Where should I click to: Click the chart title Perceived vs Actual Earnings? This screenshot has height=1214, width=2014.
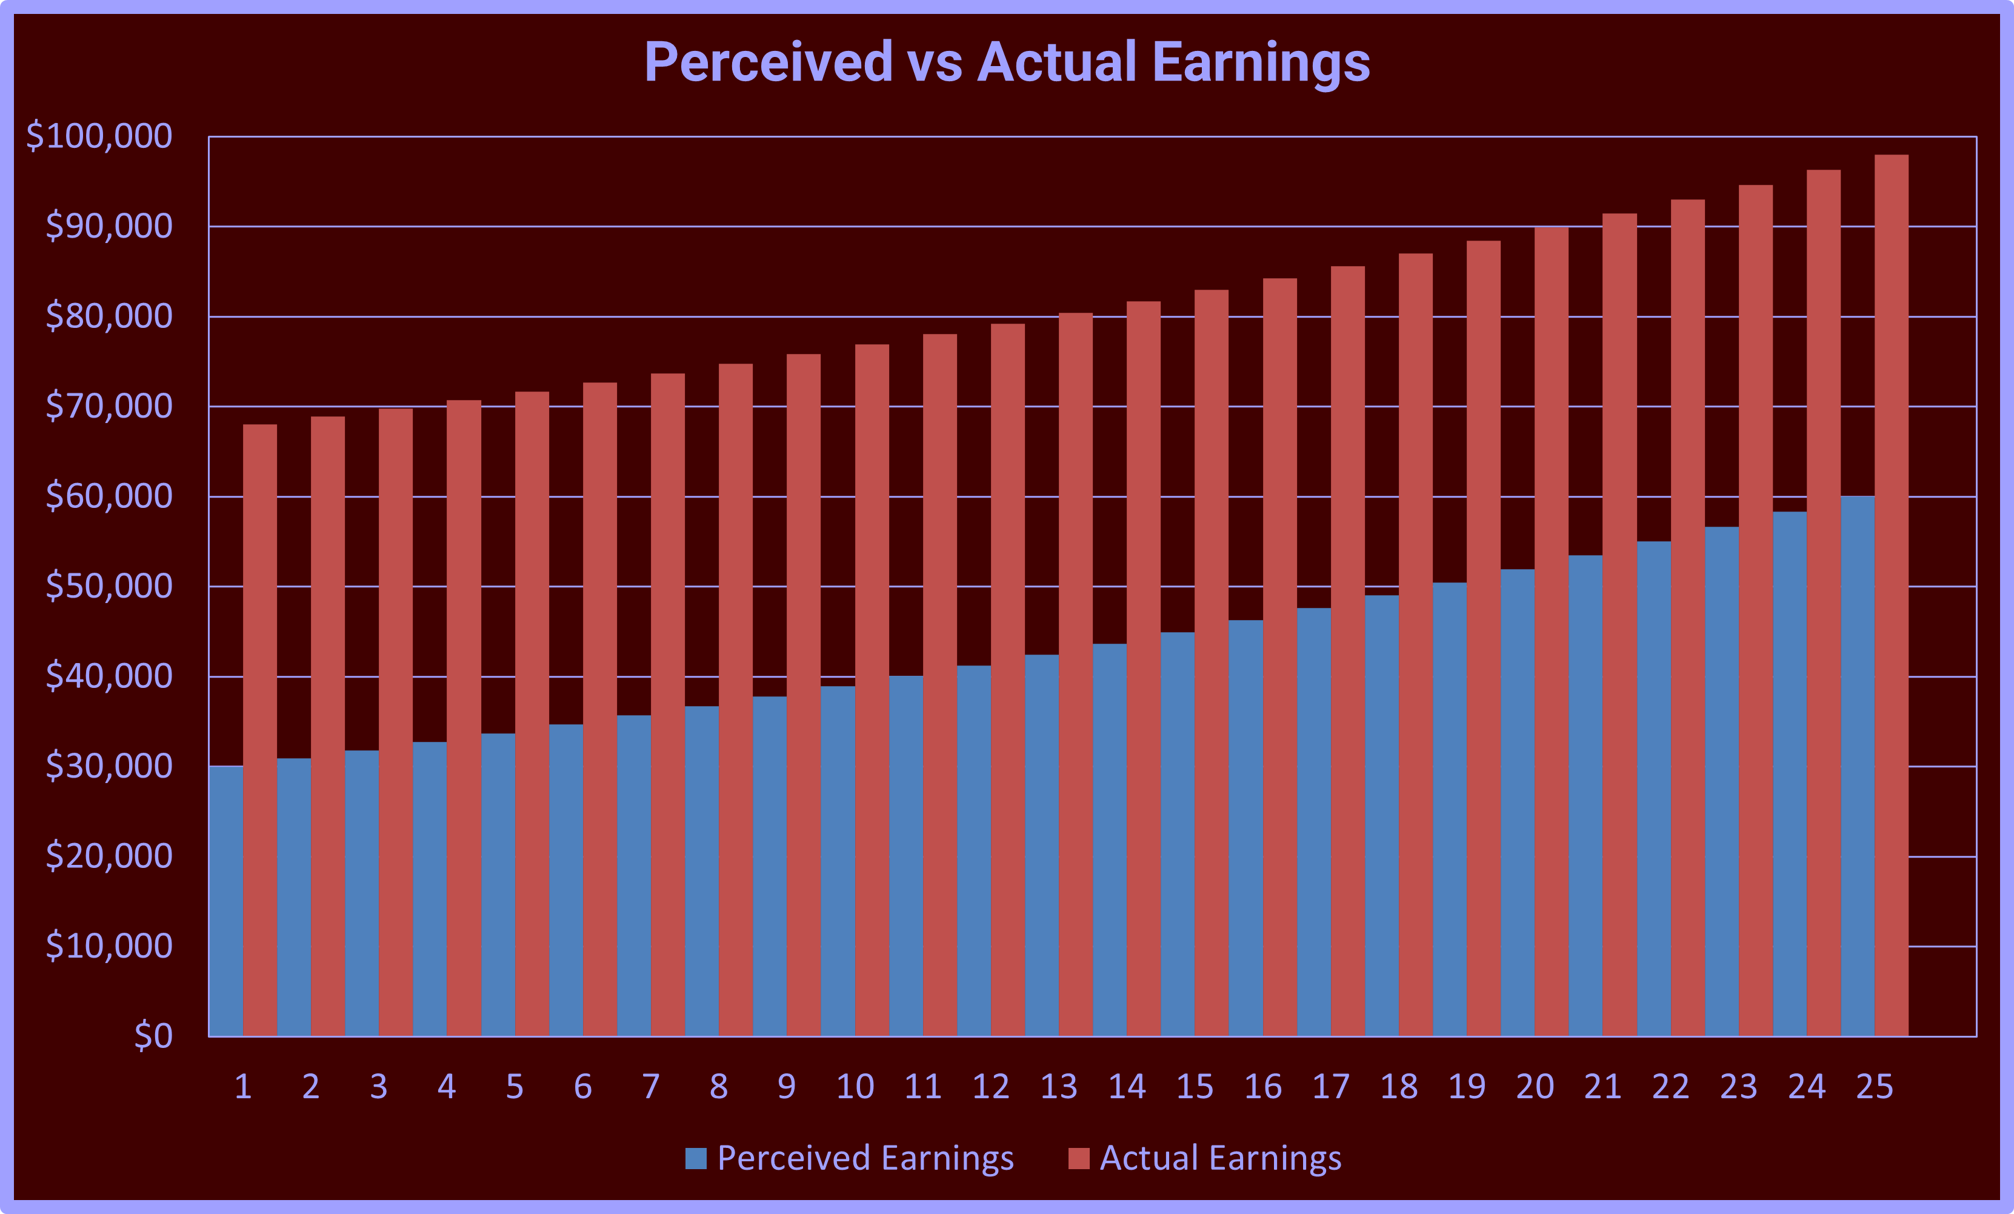pyautogui.click(x=1007, y=62)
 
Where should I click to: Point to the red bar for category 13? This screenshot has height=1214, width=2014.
pyautogui.click(x=1076, y=675)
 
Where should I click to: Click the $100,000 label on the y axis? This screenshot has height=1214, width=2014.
pyautogui.click(x=100, y=136)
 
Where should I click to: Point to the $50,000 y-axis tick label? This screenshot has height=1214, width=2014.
pyautogui.click(x=108, y=586)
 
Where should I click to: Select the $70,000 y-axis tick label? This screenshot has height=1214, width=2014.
pyautogui.click(x=108, y=406)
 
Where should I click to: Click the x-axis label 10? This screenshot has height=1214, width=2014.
pyautogui.click(x=855, y=1087)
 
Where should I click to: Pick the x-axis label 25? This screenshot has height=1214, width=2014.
pyautogui.click(x=1874, y=1087)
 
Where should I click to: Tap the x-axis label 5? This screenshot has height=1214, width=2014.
pyautogui.click(x=514, y=1087)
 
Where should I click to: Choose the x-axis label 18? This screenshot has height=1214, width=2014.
pyautogui.click(x=1398, y=1087)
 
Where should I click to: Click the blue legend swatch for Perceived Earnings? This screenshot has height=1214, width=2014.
pyautogui.click(x=696, y=1158)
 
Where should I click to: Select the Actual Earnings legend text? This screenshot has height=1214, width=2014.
pyautogui.click(x=1220, y=1158)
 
